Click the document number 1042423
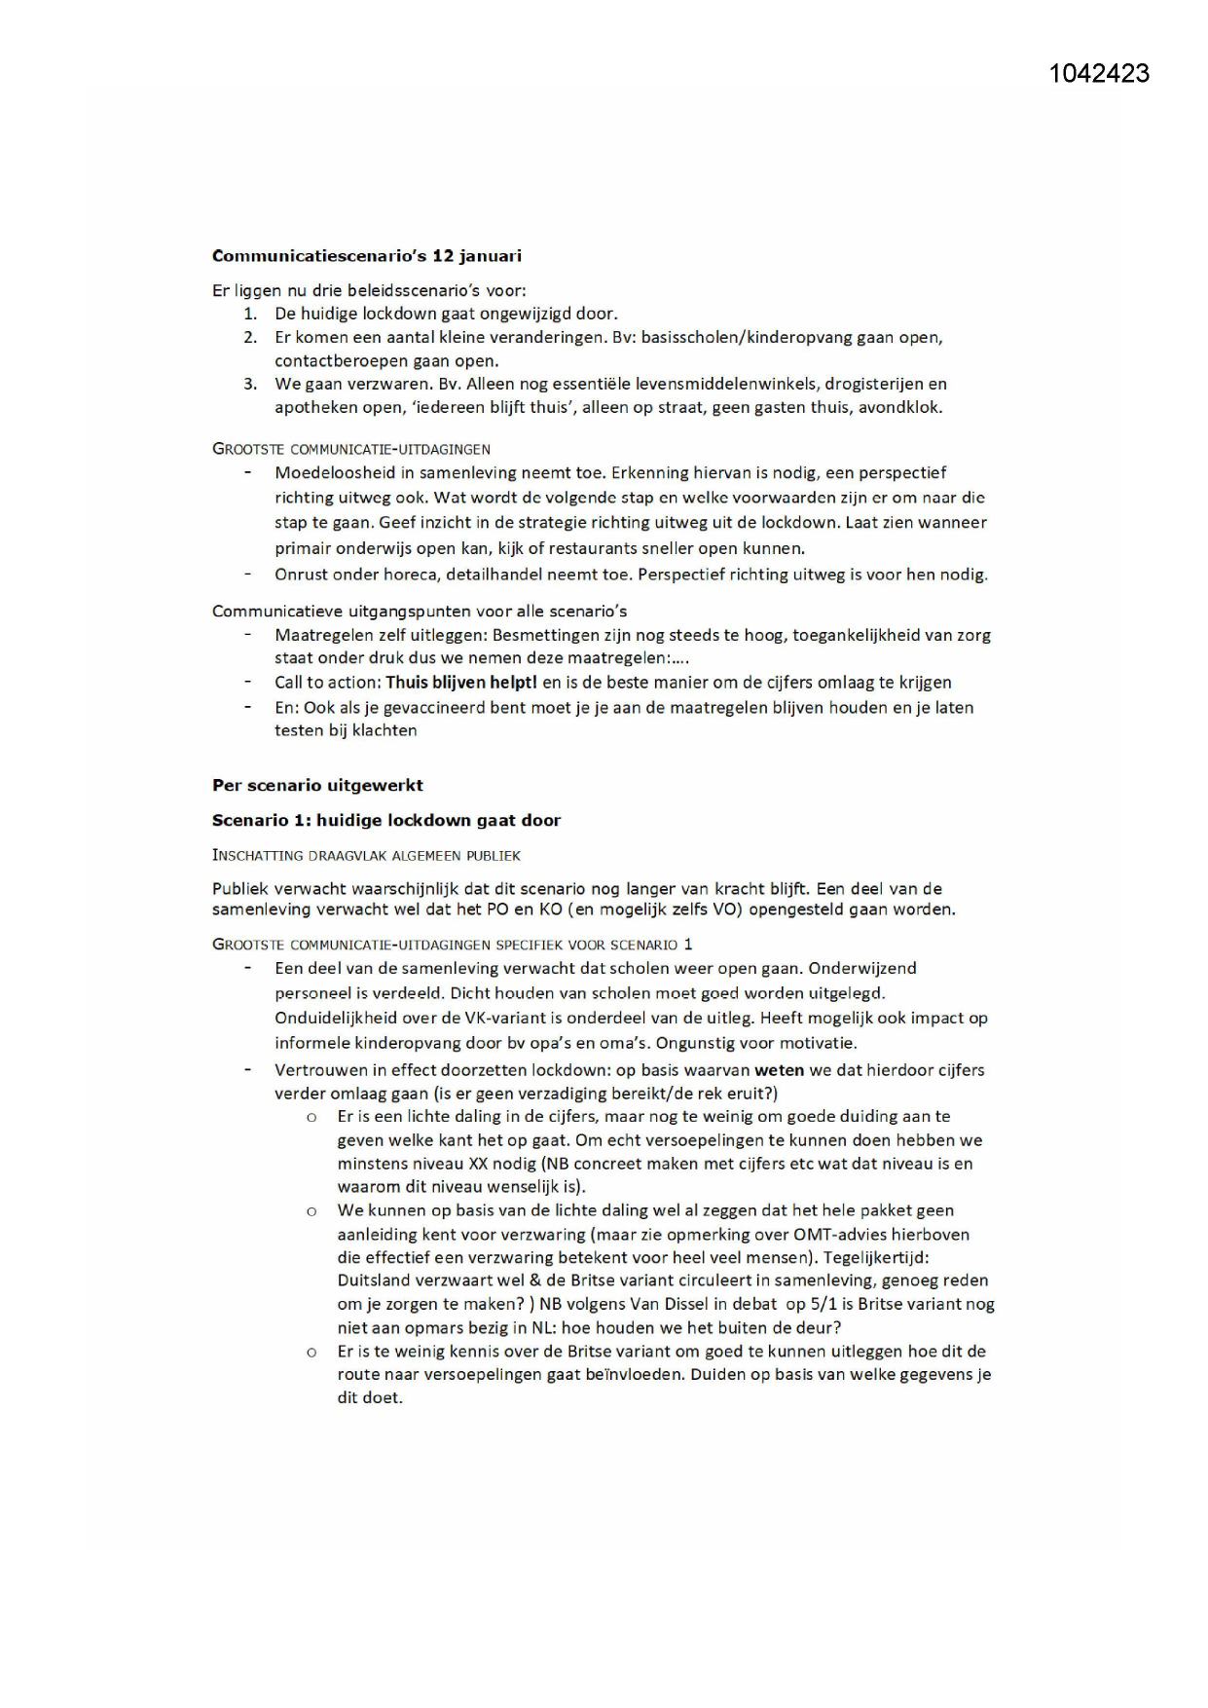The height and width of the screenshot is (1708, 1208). [1099, 74]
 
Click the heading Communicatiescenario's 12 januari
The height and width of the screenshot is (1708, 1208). [367, 256]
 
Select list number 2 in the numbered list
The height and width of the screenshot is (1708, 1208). [250, 338]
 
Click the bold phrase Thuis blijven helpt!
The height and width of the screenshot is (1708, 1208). [461, 683]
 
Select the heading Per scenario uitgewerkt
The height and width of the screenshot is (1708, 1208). [317, 785]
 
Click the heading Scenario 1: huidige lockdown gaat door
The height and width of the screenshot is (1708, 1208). [386, 820]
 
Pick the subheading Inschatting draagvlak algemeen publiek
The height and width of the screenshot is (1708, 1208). [366, 856]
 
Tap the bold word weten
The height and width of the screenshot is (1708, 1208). [779, 1070]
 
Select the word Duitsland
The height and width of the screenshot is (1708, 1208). [376, 1281]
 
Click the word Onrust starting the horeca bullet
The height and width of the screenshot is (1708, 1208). [301, 575]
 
